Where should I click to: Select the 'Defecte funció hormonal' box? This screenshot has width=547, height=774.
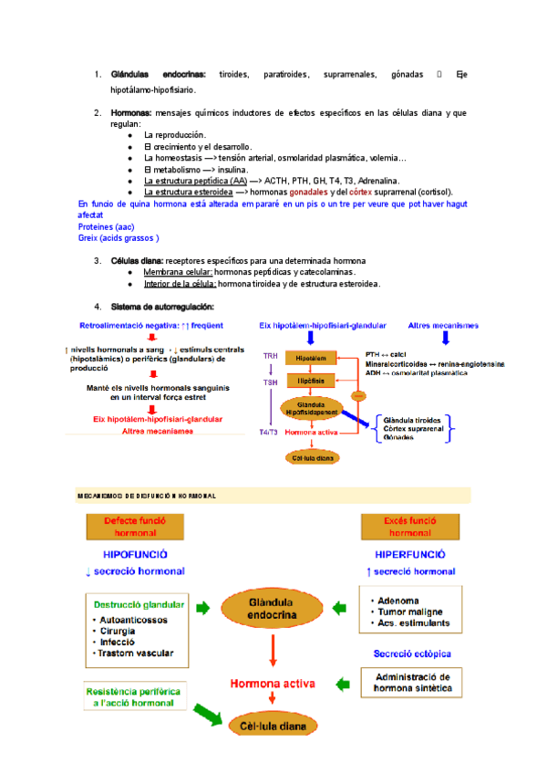[x=136, y=527]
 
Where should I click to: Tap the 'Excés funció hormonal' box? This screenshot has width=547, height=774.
[x=409, y=527]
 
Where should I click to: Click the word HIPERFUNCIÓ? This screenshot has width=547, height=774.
[x=409, y=554]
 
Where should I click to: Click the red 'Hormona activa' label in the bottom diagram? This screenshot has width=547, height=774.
[x=273, y=683]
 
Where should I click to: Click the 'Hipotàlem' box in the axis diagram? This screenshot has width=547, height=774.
[x=311, y=358]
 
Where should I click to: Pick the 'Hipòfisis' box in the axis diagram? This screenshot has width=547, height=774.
[x=311, y=379]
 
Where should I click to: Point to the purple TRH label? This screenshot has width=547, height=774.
[x=271, y=356]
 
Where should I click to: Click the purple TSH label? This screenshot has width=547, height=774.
[x=271, y=382]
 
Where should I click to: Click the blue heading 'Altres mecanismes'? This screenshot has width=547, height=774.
[x=444, y=325]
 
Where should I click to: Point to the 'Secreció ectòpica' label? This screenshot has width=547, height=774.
[x=412, y=654]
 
